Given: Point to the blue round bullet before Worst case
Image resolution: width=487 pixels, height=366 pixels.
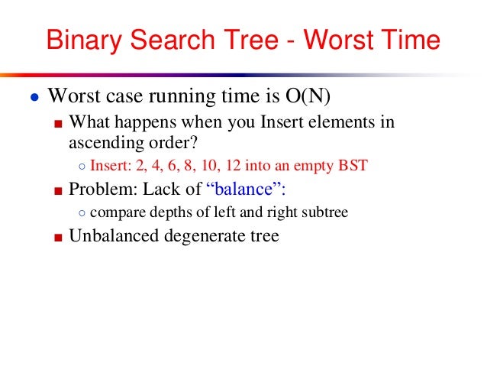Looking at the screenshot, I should (34, 99).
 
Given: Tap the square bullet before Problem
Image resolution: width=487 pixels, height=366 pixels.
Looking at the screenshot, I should (57, 190).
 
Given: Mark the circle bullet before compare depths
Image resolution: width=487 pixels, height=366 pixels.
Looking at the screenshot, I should (82, 213).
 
